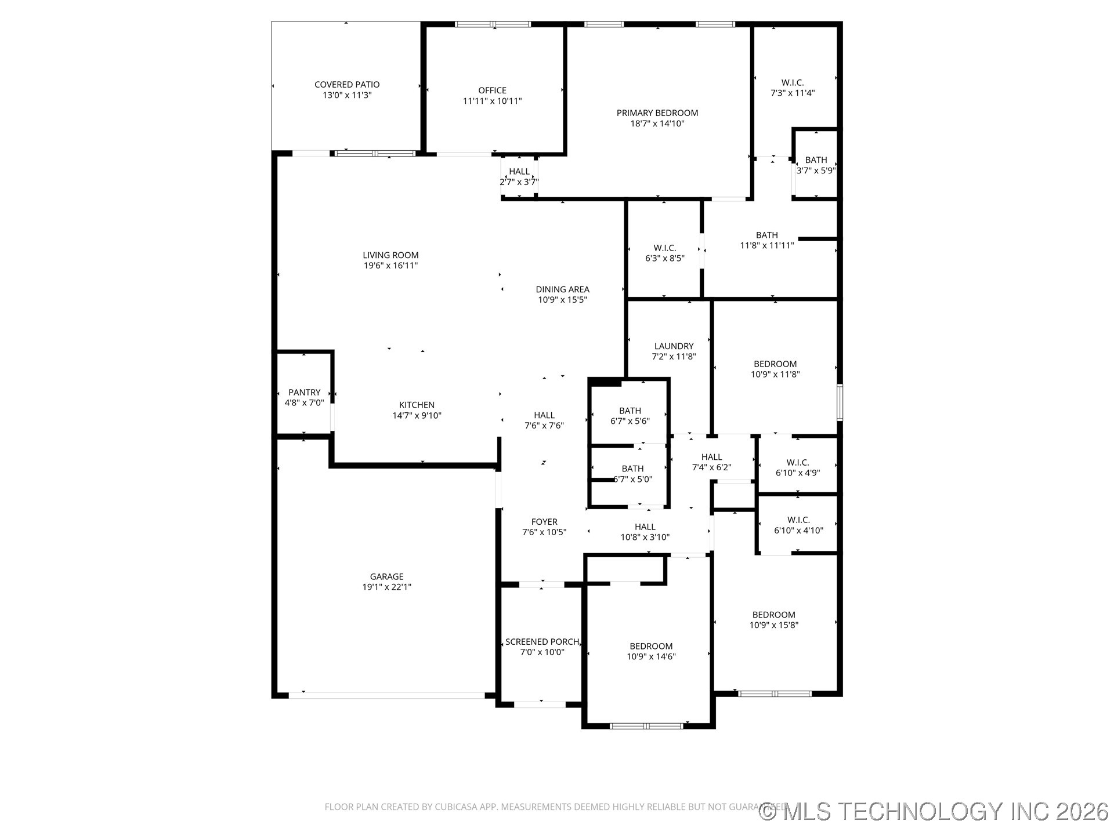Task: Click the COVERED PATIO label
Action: (347, 85)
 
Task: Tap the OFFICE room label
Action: (492, 90)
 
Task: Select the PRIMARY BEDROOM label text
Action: (657, 113)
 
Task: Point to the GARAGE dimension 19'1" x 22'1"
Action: (387, 587)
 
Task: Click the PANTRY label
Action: (305, 393)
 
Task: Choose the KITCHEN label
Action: (417, 405)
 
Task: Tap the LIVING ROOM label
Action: (390, 255)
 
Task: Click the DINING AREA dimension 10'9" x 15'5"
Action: (563, 300)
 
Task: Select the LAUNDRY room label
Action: (674, 346)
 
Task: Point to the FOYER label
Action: (544, 522)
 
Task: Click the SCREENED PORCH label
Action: (542, 642)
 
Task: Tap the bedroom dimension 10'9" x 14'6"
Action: (651, 657)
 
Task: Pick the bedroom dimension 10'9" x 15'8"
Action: (774, 625)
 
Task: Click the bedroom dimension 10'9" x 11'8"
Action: (775, 375)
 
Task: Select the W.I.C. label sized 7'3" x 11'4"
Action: (793, 83)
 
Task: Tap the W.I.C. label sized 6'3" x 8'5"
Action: (665, 248)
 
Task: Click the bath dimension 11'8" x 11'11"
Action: (767, 245)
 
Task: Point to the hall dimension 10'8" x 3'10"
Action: (645, 538)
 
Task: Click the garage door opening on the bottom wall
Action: (387, 695)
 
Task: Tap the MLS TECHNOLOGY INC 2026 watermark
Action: (934, 811)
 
